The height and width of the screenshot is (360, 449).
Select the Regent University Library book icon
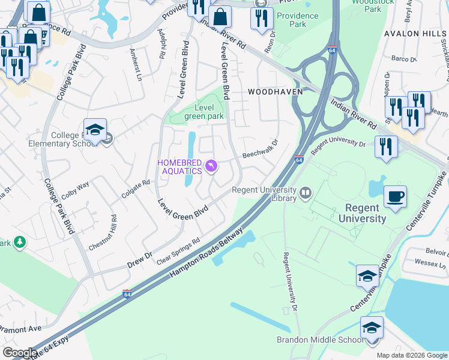306,193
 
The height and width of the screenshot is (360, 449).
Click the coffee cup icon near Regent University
395,197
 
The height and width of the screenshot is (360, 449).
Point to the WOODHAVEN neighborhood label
275,91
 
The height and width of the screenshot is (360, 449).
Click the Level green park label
203,112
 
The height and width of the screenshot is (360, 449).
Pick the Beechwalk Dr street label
261,150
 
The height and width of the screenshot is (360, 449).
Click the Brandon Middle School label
319,340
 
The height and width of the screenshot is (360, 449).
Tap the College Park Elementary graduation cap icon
95,130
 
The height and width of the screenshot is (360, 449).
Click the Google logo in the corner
19,353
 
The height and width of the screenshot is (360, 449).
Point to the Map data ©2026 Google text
411,355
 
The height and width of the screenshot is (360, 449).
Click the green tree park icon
20,242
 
